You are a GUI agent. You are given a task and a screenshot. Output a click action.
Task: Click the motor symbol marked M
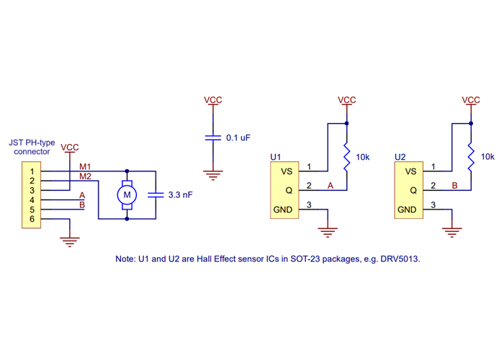[x=127, y=194]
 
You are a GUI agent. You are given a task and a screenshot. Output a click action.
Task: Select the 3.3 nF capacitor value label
[x=180, y=194]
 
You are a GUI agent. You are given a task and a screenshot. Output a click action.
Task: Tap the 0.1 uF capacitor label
[x=238, y=138]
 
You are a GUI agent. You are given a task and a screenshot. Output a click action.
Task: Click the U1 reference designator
[x=275, y=156]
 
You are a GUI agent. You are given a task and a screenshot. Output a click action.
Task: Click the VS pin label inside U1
[x=287, y=171]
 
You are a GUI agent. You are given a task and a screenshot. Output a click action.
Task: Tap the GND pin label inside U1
[x=282, y=210]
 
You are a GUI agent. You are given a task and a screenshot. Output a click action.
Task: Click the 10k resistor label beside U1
[x=364, y=156]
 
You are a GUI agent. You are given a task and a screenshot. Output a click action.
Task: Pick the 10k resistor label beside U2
[x=487, y=156]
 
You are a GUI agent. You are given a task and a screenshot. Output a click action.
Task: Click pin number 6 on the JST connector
[x=32, y=219]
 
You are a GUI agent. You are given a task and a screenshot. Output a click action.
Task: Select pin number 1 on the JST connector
[x=32, y=171]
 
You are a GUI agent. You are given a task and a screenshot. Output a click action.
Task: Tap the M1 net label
[x=85, y=167]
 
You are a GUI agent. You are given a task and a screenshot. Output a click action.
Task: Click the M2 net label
[x=85, y=176]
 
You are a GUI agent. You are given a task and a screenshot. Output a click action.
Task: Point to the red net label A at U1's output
[x=330, y=186]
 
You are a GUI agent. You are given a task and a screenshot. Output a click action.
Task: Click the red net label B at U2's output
[x=454, y=186]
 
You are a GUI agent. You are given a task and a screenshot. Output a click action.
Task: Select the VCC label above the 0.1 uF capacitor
[x=212, y=100]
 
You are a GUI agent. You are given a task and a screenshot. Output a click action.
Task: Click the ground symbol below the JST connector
[x=69, y=241]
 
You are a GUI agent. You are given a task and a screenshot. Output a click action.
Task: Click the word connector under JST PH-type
[x=32, y=152]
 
